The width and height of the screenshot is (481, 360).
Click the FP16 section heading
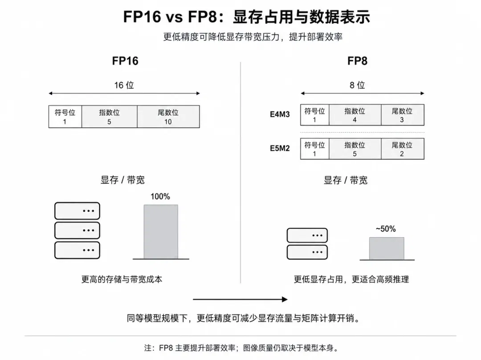(125, 61)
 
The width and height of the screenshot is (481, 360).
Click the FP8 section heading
(357, 61)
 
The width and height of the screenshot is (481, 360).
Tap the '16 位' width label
(124, 85)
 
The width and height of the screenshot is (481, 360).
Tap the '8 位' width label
(357, 85)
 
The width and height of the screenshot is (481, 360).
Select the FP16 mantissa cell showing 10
(168, 117)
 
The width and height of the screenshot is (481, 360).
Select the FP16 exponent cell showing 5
(110, 117)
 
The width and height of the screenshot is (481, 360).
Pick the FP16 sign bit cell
(65, 117)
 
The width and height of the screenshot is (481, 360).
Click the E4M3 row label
(280, 115)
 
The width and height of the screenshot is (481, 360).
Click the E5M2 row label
(280, 148)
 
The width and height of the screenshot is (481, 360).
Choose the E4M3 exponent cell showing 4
(355, 115)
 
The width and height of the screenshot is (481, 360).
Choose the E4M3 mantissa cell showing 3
(403, 115)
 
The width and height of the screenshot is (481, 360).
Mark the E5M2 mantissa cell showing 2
(403, 149)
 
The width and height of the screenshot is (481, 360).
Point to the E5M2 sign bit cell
(315, 149)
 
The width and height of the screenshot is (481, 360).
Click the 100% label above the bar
(160, 196)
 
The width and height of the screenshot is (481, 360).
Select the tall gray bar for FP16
(161, 232)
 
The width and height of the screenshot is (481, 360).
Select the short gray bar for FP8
(387, 248)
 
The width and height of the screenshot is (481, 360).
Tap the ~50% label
(386, 229)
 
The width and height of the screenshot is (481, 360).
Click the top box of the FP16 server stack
(77, 211)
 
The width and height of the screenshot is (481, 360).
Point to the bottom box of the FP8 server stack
(307, 252)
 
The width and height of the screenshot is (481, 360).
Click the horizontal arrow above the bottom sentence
(240, 299)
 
